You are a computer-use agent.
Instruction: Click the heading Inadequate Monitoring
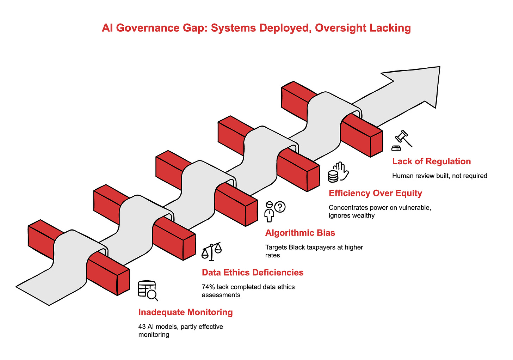click(185, 312)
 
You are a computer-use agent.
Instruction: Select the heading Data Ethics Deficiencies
click(253, 272)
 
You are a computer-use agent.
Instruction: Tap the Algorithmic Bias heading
click(300, 233)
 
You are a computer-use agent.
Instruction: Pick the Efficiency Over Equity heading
click(375, 193)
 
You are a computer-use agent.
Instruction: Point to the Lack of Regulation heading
click(431, 161)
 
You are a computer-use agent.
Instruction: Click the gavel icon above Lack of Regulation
click(402, 140)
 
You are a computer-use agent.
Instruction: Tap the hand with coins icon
click(338, 172)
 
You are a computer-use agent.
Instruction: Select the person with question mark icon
click(274, 211)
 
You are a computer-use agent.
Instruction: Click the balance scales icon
click(211, 251)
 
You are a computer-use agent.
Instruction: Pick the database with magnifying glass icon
click(147, 291)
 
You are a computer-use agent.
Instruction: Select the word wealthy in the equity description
click(364, 215)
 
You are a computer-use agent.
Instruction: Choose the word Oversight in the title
click(335, 28)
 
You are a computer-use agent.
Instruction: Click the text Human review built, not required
click(439, 176)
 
